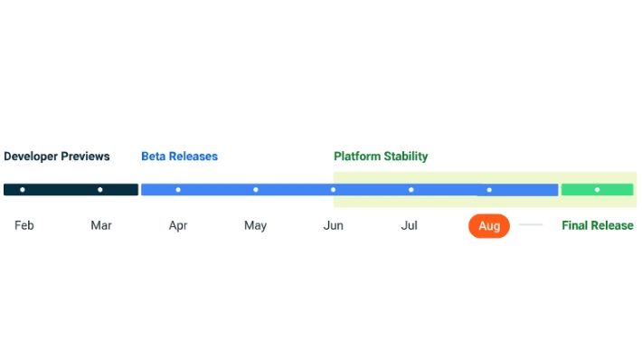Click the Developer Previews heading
57,156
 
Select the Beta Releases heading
179,156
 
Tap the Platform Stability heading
381,156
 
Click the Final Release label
598,225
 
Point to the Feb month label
24,225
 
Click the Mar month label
101,225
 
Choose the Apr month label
178,225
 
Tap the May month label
255,225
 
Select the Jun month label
334,225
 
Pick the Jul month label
410,225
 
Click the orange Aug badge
489,225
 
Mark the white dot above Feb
23,190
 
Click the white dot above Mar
100,190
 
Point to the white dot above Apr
178,190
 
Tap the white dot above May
256,190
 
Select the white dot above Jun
334,190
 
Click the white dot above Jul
411,190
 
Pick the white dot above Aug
489,190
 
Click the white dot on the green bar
597,190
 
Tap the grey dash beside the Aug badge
531,224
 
